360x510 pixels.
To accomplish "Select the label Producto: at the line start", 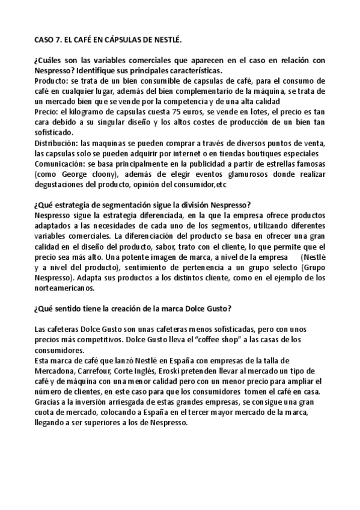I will pyautogui.click(x=52, y=81).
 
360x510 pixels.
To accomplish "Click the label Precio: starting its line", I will pyautogui.click(x=47, y=112).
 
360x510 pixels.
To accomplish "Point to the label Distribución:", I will pyautogui.click(x=59, y=143).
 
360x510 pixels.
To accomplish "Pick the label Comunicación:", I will pyautogui.click(x=62, y=163).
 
